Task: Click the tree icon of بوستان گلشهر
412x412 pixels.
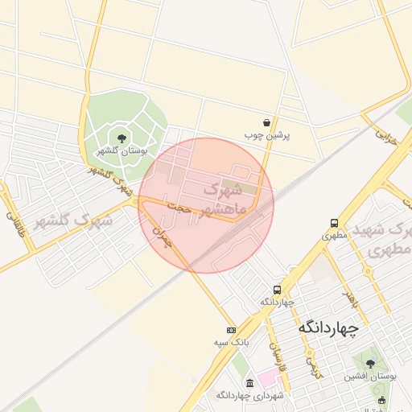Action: tap(122, 138)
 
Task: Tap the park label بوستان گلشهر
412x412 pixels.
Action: tap(122, 150)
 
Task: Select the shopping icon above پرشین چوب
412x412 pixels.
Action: tap(266, 123)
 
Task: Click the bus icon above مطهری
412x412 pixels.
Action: tap(333, 224)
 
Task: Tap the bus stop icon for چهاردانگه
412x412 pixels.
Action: tap(278, 290)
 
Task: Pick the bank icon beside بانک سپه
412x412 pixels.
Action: tap(231, 330)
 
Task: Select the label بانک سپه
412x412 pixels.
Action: tap(228, 343)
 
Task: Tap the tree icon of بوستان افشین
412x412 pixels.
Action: tap(370, 364)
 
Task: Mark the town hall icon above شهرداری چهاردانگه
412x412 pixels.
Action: tap(250, 382)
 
